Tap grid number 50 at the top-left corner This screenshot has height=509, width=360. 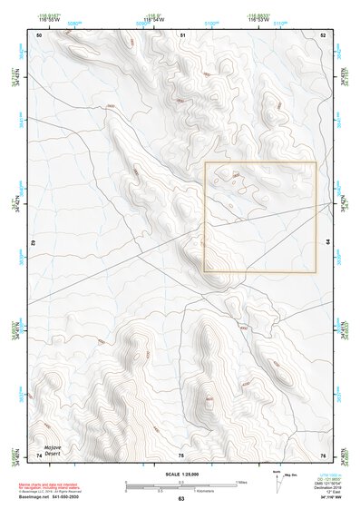click(x=39, y=34)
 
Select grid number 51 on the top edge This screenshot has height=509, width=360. click(x=182, y=34)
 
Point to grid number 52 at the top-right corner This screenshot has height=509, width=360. click(x=323, y=34)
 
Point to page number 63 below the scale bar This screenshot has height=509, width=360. click(x=180, y=500)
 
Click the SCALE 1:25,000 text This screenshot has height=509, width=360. click(x=180, y=475)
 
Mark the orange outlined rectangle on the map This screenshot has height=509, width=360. click(x=260, y=217)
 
